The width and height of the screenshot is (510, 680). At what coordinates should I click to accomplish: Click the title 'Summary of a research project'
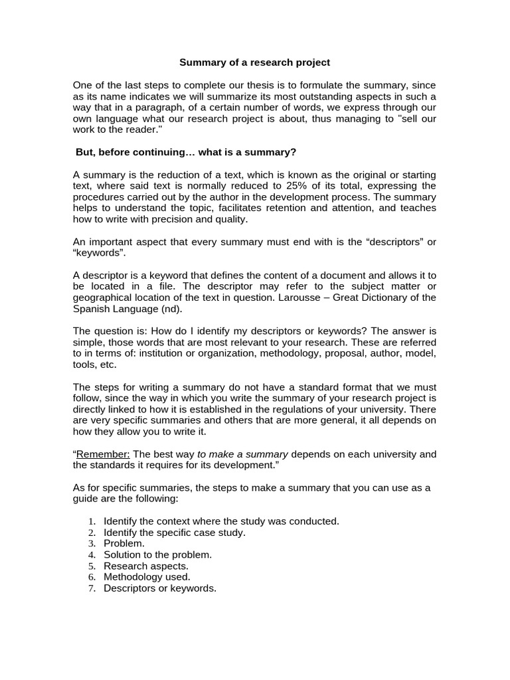(254, 62)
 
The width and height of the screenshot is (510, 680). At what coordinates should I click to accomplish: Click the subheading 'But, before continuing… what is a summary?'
(186, 152)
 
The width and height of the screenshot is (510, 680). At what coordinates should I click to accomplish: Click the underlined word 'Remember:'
(104, 454)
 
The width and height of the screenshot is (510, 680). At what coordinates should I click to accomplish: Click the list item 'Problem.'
(124, 543)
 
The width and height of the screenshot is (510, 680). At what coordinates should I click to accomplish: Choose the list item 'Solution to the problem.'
(157, 554)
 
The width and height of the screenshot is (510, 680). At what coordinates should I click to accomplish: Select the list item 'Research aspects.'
(145, 566)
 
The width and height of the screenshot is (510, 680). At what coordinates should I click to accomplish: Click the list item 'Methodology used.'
(147, 577)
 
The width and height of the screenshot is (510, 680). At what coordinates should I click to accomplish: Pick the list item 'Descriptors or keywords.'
(160, 588)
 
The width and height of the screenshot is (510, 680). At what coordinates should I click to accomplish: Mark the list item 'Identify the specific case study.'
(174, 532)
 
